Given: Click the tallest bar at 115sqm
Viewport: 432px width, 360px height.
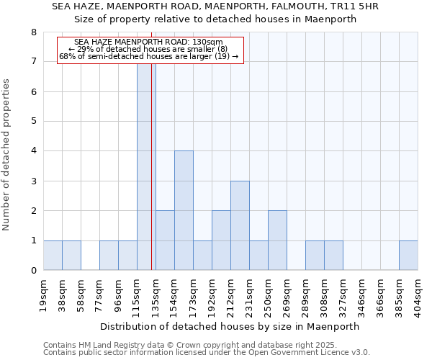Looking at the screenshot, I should [146, 166].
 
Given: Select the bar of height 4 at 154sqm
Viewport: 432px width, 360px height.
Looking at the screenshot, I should [184, 210].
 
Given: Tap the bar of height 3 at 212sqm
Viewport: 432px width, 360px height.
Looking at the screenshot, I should [240, 225].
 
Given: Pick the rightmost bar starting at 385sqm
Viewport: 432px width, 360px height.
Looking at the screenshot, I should [408, 256].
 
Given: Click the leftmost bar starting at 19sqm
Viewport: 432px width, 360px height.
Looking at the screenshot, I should [53, 256].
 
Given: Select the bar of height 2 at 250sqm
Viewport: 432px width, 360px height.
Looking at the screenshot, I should [277, 240].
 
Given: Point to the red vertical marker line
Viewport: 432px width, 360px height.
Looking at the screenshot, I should [152, 180].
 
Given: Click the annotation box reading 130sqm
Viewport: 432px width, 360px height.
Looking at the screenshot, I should [150, 50].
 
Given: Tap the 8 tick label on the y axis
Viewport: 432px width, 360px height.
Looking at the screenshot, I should [34, 32].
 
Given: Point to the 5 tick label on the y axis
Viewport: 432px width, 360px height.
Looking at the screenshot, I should [34, 122].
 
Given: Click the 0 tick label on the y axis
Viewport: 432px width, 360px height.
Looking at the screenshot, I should [34, 271].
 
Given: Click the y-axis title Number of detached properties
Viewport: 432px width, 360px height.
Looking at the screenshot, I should [7, 154].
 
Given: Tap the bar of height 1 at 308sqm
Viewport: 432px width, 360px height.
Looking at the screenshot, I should [333, 256].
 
